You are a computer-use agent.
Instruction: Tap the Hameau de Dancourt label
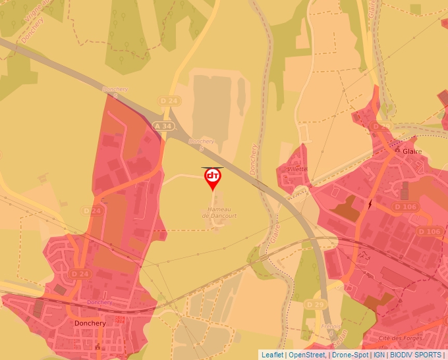point(219,212)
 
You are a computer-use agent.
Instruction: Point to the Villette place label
point(298,168)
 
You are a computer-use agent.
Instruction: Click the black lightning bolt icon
point(370,204)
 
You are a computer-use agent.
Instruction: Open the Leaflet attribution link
point(272,354)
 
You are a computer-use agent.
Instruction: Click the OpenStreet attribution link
point(307,354)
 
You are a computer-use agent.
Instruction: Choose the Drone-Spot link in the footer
point(350,354)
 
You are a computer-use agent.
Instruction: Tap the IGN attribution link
point(379,354)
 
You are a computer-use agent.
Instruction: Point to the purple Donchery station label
point(99,302)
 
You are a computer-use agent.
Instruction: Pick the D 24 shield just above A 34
point(169,101)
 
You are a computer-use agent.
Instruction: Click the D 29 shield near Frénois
point(316,304)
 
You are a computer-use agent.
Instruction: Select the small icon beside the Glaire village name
point(397,150)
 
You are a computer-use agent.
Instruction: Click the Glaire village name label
point(413,151)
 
